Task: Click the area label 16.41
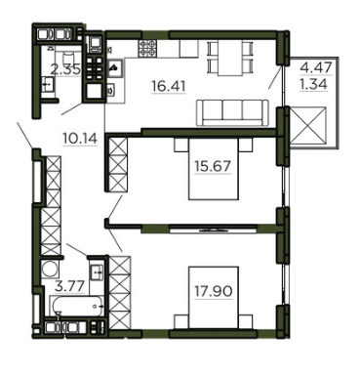point(169,86)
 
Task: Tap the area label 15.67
point(213,166)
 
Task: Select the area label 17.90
point(214,291)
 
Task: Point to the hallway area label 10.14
point(80,139)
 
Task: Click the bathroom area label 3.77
point(70,287)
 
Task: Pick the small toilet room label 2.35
point(65,69)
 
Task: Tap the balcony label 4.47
point(316,68)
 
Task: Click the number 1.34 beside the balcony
point(313,85)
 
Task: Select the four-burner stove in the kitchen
point(147,48)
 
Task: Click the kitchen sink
point(115,68)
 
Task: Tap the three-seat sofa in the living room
point(232,112)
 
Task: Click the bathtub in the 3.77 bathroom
point(77,306)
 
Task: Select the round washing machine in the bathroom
point(50,270)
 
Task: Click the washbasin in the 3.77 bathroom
point(97,270)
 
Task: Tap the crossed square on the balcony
point(307,125)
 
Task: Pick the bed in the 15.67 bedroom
point(214,169)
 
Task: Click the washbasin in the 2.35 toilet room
point(48,85)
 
